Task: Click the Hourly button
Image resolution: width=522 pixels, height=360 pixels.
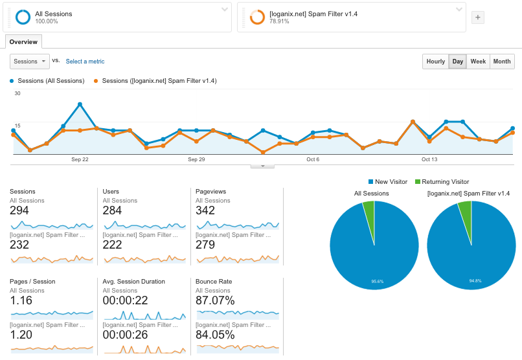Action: (435, 62)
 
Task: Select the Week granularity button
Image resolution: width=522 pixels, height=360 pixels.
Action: (478, 62)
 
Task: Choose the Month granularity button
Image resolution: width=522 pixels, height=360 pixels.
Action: (501, 62)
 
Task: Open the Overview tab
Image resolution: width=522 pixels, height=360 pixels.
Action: (23, 42)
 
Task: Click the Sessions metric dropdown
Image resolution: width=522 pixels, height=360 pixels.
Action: (30, 62)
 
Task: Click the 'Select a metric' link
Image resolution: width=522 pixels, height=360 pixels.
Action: (85, 62)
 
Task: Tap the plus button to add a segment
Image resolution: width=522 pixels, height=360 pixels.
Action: (477, 17)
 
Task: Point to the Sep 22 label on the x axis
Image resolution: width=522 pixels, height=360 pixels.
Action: (80, 159)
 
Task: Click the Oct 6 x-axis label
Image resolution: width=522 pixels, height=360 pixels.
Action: (313, 159)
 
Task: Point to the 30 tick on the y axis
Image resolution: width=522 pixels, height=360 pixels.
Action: (17, 94)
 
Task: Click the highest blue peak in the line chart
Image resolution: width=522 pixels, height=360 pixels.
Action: (80, 104)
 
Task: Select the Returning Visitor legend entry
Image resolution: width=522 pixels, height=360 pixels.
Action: (441, 182)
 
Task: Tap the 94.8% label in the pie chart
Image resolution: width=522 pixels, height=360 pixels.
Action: (474, 281)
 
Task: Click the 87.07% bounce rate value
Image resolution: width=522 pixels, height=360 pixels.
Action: (215, 300)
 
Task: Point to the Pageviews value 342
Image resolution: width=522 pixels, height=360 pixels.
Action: (206, 210)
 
